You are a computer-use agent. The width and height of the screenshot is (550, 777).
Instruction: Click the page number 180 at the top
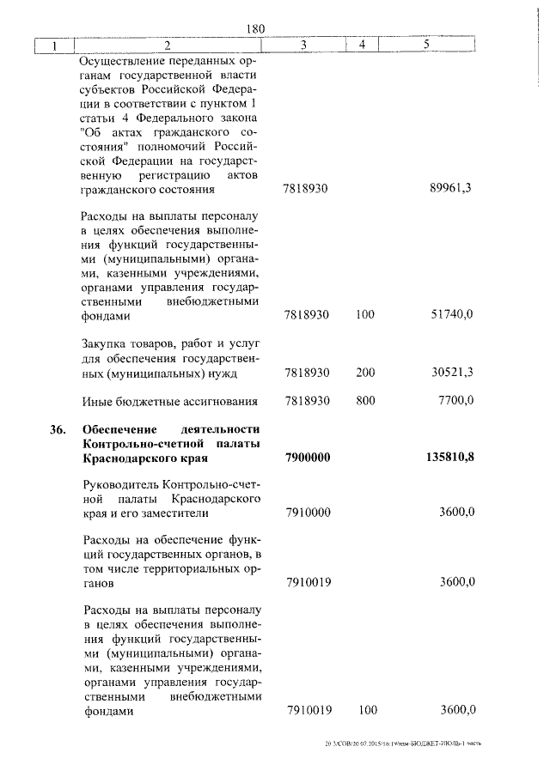255,28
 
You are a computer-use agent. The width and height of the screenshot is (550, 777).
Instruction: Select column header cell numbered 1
53,45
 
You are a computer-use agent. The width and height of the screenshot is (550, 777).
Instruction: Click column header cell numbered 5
426,45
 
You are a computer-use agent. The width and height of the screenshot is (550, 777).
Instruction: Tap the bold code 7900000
308,456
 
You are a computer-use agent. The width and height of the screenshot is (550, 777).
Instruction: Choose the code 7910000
308,513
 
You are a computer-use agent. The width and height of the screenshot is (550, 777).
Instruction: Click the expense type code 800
364,401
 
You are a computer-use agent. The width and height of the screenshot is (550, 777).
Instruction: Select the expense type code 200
364,373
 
